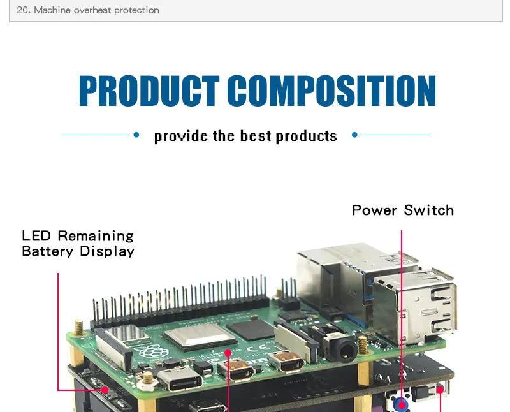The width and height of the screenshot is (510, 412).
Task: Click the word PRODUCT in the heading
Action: tap(149, 91)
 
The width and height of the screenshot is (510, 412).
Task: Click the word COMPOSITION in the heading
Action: tap(331, 91)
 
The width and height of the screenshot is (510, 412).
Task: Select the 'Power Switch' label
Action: tap(403, 210)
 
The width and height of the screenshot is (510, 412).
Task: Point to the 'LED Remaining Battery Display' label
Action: tap(78, 244)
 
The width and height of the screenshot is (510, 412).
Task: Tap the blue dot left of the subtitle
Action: tap(136, 135)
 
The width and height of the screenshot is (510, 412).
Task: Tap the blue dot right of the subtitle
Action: tap(355, 135)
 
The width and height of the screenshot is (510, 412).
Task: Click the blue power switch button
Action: tap(402, 403)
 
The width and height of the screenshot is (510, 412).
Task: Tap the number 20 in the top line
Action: tap(23, 10)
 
